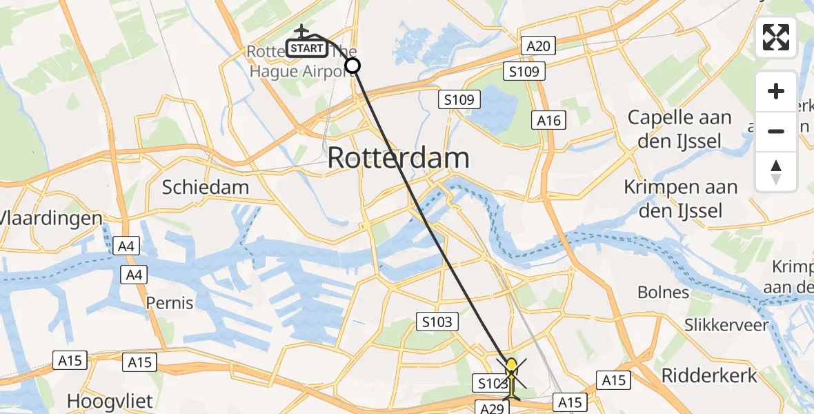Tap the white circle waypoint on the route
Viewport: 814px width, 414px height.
click(352, 66)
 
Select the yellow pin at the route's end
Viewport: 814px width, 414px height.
click(511, 366)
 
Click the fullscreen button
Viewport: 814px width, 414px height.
click(776, 37)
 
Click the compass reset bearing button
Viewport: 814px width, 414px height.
click(776, 172)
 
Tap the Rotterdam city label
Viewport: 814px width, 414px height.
click(398, 158)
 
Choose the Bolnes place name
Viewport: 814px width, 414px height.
click(663, 292)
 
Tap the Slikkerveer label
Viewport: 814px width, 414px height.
click(726, 325)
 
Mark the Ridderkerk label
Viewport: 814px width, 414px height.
click(709, 375)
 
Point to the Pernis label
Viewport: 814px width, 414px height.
click(170, 302)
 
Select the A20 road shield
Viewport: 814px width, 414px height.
click(538, 46)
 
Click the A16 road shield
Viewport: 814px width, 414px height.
click(550, 121)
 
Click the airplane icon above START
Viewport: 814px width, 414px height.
click(302, 31)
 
